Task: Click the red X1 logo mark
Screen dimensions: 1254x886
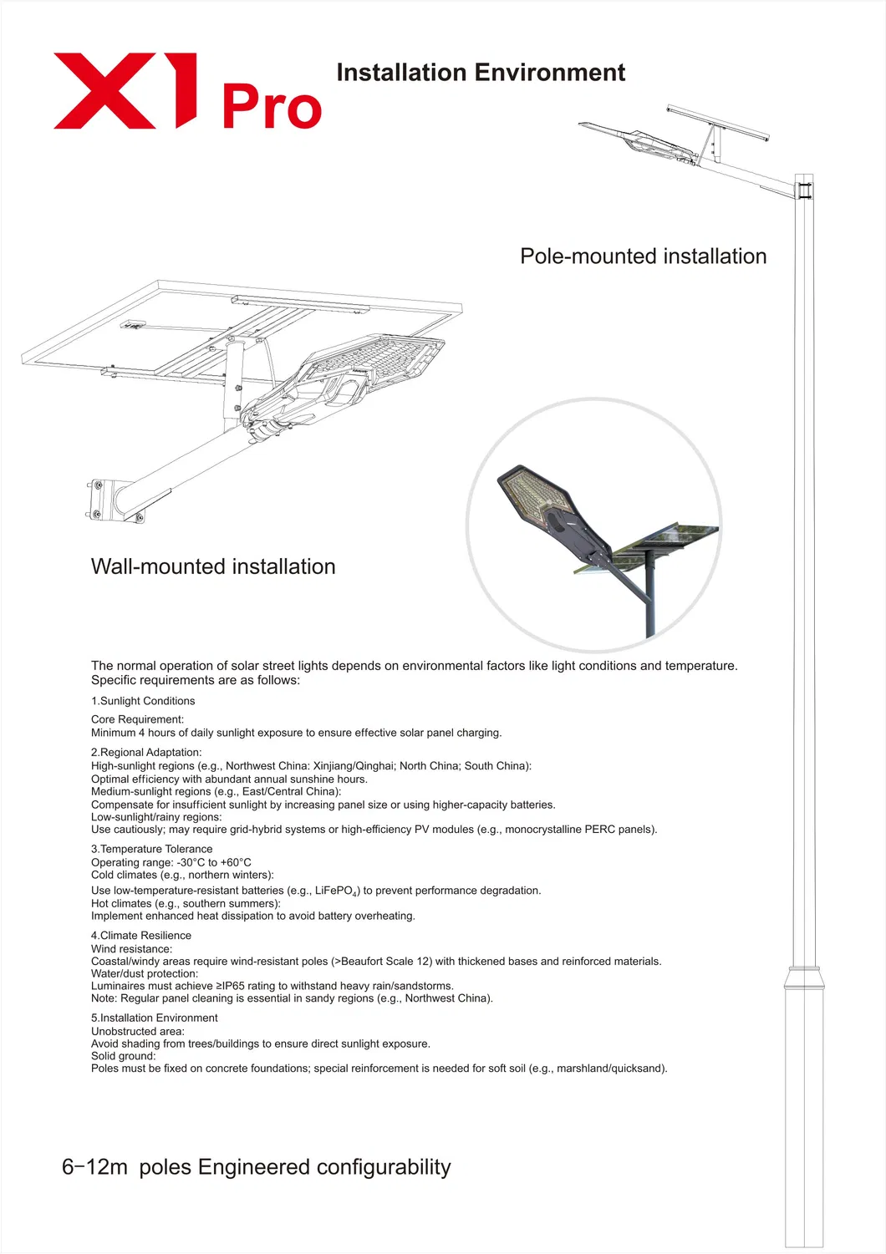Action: (x=125, y=91)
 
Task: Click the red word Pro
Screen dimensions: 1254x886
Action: (x=272, y=108)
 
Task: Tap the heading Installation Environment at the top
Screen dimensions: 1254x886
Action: (x=481, y=73)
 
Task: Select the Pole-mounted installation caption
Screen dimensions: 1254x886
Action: (x=643, y=256)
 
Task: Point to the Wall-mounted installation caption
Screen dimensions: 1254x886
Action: (x=213, y=566)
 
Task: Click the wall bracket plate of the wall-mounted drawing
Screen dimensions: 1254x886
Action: (x=97, y=499)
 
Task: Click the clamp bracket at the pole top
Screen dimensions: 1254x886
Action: (x=804, y=188)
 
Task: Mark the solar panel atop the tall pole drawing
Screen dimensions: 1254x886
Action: (x=718, y=121)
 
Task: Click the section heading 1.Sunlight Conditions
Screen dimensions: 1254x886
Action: (x=143, y=701)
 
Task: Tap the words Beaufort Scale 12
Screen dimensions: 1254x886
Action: (x=384, y=962)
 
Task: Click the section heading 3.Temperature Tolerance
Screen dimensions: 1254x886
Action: (x=152, y=849)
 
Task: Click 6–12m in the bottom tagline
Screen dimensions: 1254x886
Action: (x=94, y=1167)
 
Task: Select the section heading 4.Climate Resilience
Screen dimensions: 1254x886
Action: (x=141, y=936)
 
